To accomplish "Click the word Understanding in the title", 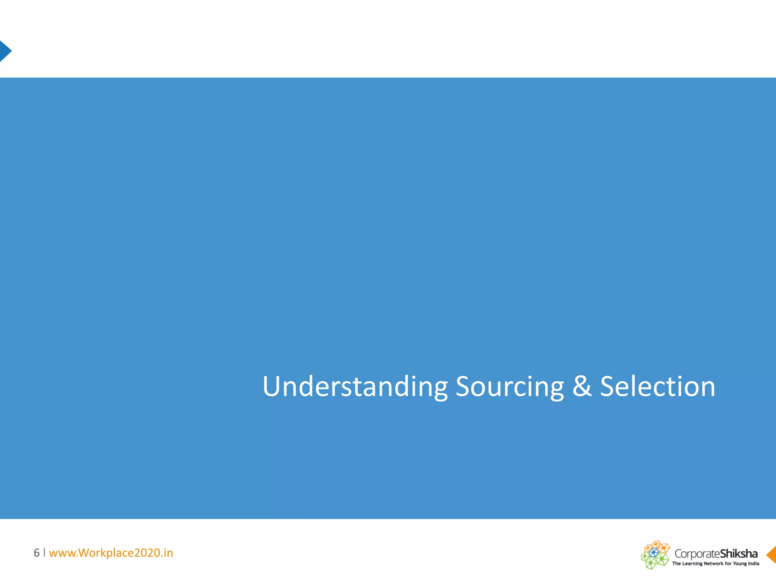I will pyautogui.click(x=355, y=386).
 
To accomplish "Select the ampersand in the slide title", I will pyautogui.click(x=582, y=386).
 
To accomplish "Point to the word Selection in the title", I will pyautogui.click(x=657, y=386).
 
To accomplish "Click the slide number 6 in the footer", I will pyautogui.click(x=36, y=553).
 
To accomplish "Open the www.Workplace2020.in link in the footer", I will pyautogui.click(x=111, y=553).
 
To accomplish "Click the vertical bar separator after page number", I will pyautogui.click(x=44, y=552).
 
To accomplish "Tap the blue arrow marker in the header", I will pyautogui.click(x=5, y=51).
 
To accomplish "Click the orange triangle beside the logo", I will pyautogui.click(x=771, y=555).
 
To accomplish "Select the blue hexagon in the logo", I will pyautogui.click(x=654, y=553).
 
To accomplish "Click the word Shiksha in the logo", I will pyautogui.click(x=738, y=554).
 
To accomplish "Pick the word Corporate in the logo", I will pyautogui.click(x=697, y=554).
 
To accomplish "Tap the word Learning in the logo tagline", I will pyautogui.click(x=692, y=564).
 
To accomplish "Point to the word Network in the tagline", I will pyautogui.click(x=713, y=563).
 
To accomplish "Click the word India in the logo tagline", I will pyautogui.click(x=753, y=563).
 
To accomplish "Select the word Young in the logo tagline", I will pyautogui.click(x=740, y=563).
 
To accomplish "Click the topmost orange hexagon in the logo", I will pyautogui.click(x=657, y=544).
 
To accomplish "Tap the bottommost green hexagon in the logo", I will pyautogui.click(x=651, y=565).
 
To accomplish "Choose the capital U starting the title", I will pyautogui.click(x=271, y=386).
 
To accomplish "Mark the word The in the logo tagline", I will pyautogui.click(x=676, y=563).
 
